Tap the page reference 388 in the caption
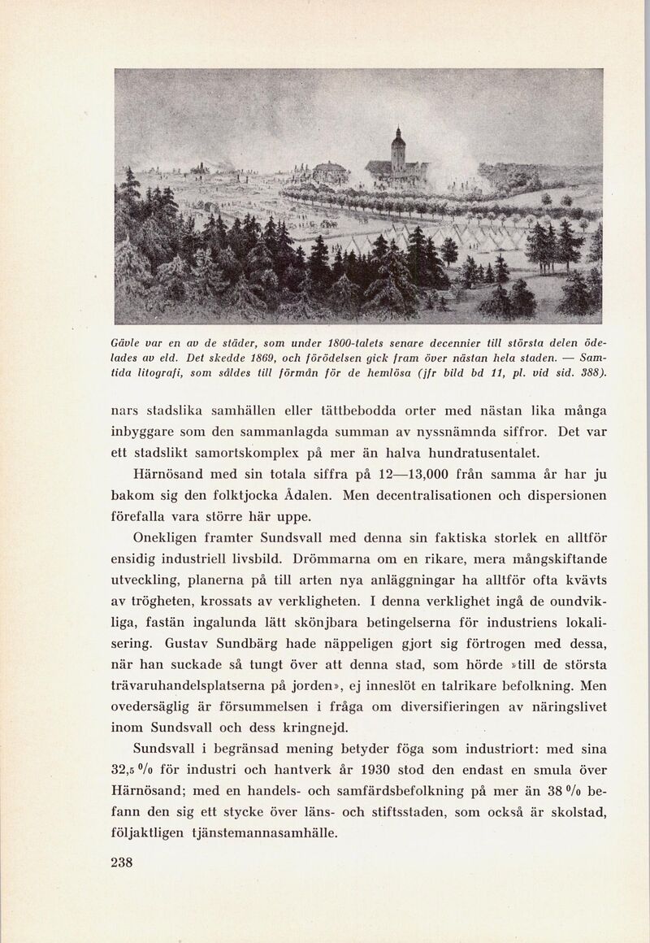click(x=590, y=372)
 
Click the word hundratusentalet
click(x=465, y=452)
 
